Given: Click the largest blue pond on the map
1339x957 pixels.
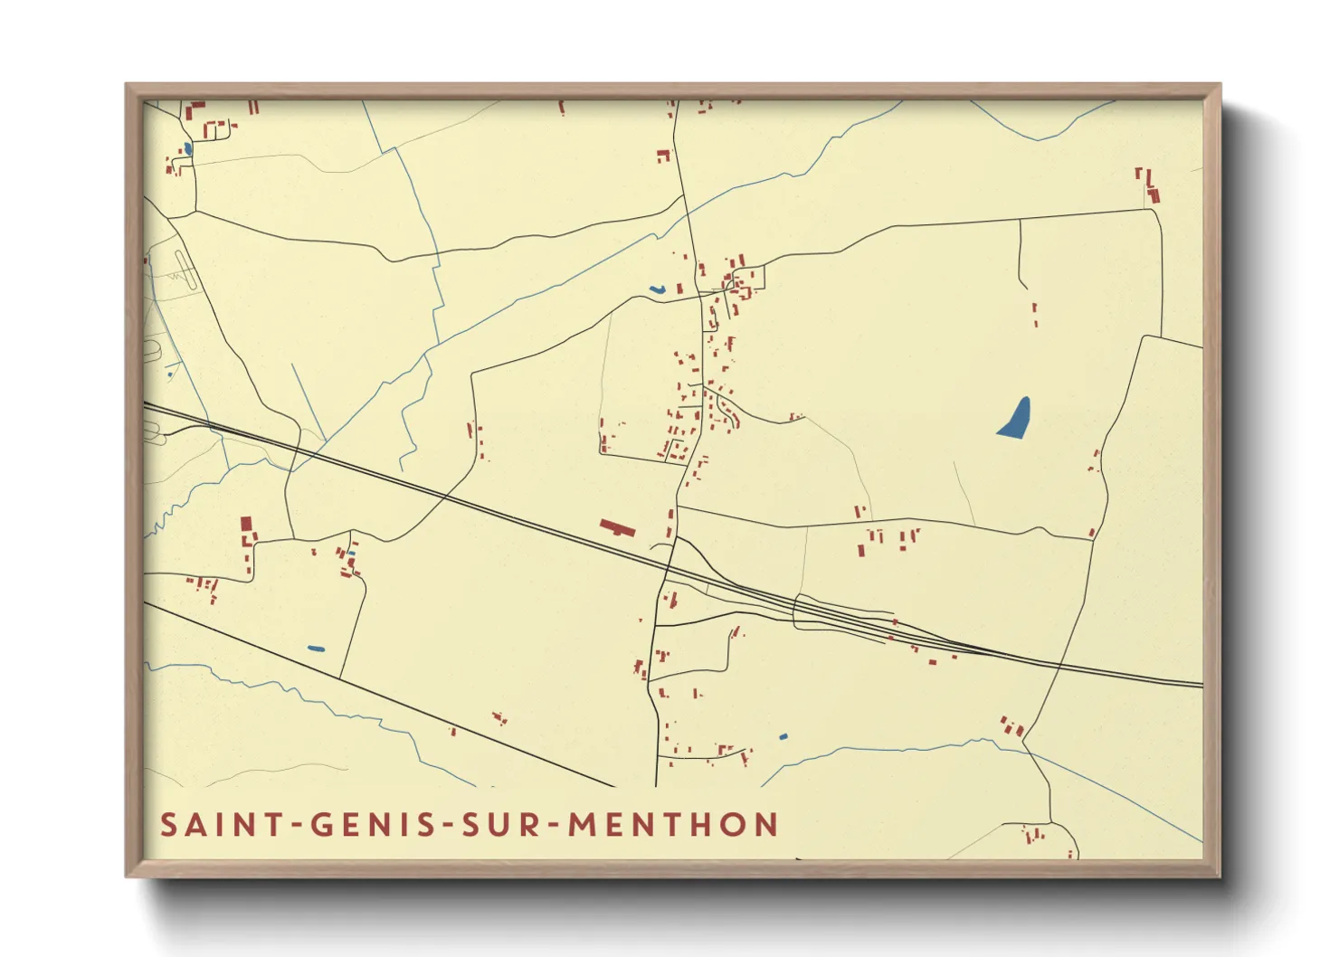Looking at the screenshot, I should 1015,419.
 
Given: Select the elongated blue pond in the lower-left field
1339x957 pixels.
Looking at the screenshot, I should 316,648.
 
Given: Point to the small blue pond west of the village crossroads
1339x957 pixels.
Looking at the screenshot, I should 657,289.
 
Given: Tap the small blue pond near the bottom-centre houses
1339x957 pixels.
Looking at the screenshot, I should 783,737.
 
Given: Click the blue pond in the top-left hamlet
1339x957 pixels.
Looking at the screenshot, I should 187,148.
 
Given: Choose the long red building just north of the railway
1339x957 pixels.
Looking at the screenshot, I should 618,527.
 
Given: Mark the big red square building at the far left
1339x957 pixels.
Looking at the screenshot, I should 245,525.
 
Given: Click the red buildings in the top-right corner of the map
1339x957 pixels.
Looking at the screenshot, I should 1148,185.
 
